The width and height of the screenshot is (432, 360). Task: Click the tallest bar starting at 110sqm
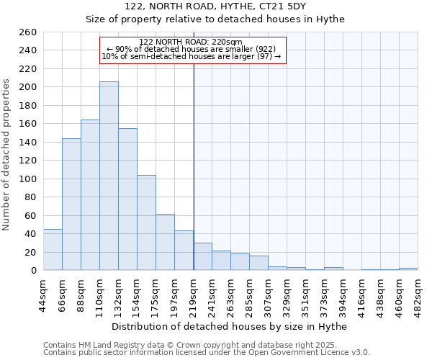pyautogui.click(x=109, y=176)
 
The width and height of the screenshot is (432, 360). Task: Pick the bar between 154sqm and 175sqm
pyautogui.click(x=146, y=222)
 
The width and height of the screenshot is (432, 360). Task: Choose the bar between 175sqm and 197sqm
pyautogui.click(x=165, y=242)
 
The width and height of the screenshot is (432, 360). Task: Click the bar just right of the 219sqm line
pyautogui.click(x=202, y=256)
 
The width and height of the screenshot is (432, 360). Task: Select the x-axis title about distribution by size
pyautogui.click(x=230, y=326)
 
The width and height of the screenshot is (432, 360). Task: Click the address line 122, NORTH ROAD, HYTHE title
pyautogui.click(x=215, y=6)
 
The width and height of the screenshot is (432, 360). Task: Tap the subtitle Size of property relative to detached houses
pyautogui.click(x=215, y=19)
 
